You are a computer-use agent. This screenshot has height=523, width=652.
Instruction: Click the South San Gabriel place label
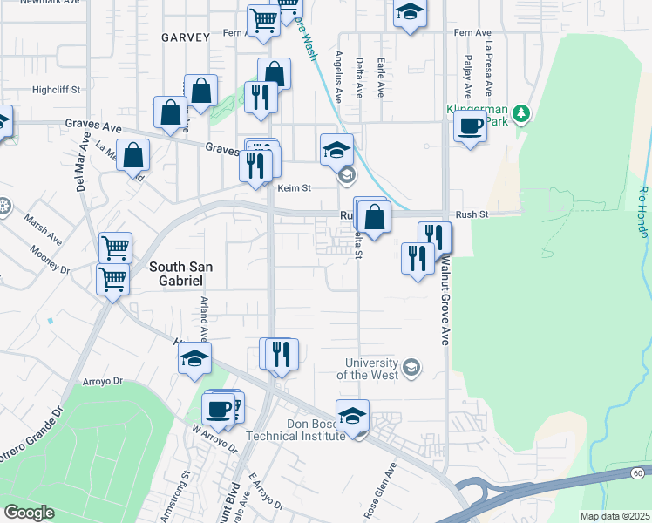click(176, 274)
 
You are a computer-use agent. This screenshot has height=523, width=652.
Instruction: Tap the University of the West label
click(372, 369)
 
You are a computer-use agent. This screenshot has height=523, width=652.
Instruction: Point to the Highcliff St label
click(56, 89)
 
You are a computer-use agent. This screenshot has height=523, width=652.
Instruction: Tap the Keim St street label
click(294, 187)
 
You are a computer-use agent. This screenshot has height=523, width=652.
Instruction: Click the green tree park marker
click(521, 113)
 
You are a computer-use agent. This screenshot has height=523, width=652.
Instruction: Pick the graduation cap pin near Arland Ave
click(194, 358)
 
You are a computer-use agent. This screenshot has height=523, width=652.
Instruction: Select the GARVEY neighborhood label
click(186, 37)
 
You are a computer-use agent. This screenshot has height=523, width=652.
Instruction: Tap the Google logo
click(29, 513)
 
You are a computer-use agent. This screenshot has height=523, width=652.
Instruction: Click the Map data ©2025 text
click(615, 516)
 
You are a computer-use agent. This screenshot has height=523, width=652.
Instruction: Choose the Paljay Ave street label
click(467, 78)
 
